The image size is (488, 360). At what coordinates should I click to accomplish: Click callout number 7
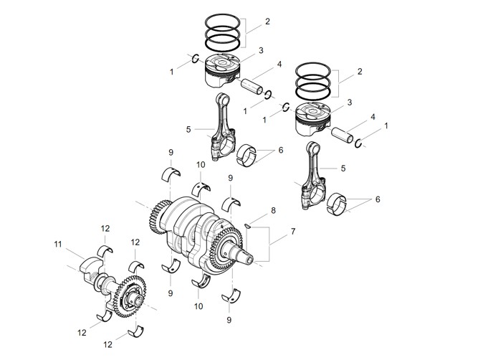(293, 232)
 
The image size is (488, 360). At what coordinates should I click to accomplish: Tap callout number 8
(273, 211)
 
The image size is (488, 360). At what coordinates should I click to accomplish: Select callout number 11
(58, 245)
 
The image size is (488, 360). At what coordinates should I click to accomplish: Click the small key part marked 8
(247, 226)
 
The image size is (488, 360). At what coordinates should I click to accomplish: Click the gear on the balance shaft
(130, 296)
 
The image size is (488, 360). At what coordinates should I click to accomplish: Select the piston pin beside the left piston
(252, 87)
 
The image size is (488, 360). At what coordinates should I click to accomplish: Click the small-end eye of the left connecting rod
(223, 100)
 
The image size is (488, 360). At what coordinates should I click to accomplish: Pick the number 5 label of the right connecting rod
(343, 169)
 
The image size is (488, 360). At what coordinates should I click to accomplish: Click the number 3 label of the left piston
(261, 50)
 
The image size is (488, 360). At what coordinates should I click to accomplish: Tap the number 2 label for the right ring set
(360, 72)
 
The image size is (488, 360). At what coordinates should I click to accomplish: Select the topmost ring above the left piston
(223, 22)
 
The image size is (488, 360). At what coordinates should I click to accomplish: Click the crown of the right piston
(312, 111)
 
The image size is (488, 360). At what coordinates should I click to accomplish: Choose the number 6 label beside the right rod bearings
(378, 199)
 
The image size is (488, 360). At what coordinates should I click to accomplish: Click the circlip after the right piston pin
(358, 143)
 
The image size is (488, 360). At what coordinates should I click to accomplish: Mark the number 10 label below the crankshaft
(198, 306)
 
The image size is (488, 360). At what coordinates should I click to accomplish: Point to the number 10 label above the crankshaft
(201, 165)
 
